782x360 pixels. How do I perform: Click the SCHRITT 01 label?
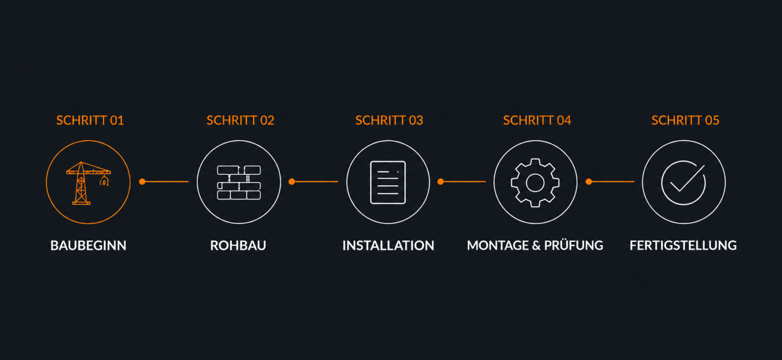pyautogui.click(x=90, y=121)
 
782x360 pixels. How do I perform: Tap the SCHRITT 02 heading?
pyautogui.click(x=240, y=121)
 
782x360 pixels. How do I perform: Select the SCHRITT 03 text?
pyautogui.click(x=389, y=121)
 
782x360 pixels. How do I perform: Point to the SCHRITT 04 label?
pyautogui.click(x=537, y=121)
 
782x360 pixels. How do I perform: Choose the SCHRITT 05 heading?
pyautogui.click(x=685, y=121)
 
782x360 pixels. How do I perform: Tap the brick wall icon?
pyautogui.click(x=239, y=182)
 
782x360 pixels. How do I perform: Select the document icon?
pyautogui.click(x=388, y=182)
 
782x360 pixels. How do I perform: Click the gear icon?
pyautogui.click(x=535, y=183)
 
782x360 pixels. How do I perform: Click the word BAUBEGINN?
pyautogui.click(x=88, y=245)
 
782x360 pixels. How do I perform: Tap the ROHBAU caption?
pyautogui.click(x=238, y=245)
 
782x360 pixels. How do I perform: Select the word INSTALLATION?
pyautogui.click(x=388, y=245)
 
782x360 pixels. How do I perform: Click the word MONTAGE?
pyautogui.click(x=498, y=245)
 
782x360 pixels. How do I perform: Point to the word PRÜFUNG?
pyautogui.click(x=574, y=245)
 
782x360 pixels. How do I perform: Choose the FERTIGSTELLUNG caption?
pyautogui.click(x=683, y=245)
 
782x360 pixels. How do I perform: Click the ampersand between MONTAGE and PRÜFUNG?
pyautogui.click(x=537, y=245)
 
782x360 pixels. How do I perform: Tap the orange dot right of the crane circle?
pyautogui.click(x=142, y=182)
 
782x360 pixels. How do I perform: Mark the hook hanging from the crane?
pyautogui.click(x=104, y=181)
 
